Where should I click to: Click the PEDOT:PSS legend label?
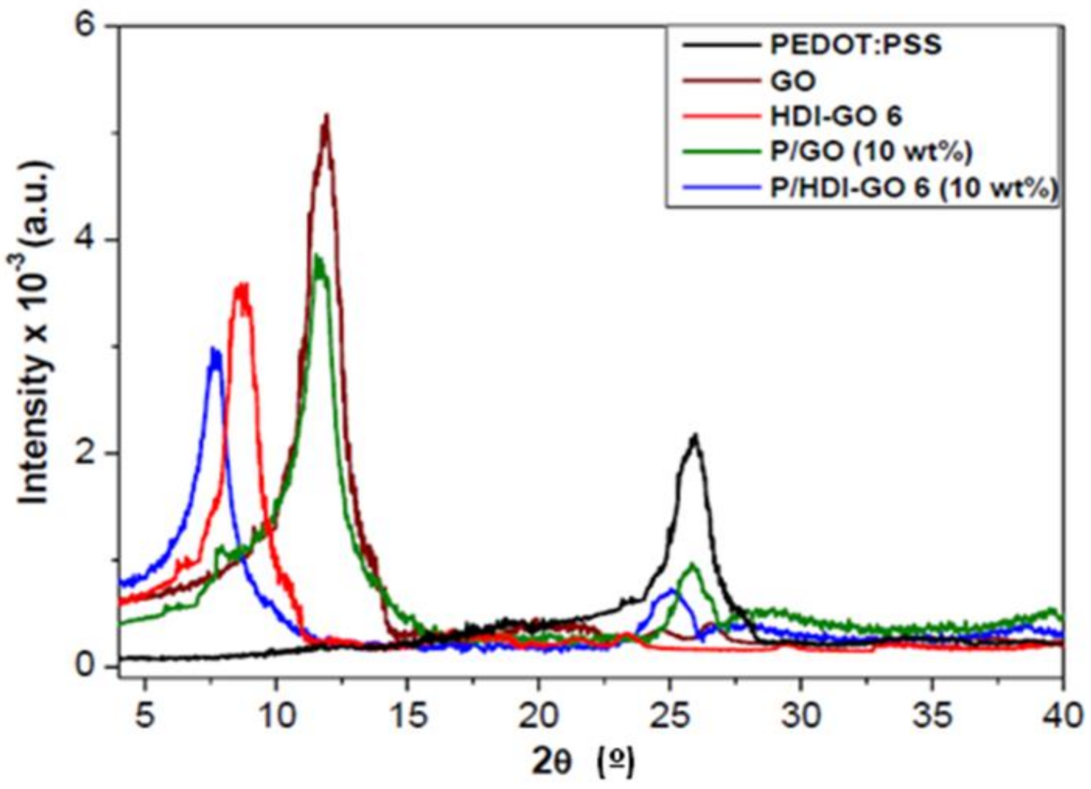[856, 45]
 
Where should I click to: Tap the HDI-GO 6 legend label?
[836, 117]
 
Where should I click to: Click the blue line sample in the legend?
[717, 189]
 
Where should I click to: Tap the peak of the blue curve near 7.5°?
[214, 350]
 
